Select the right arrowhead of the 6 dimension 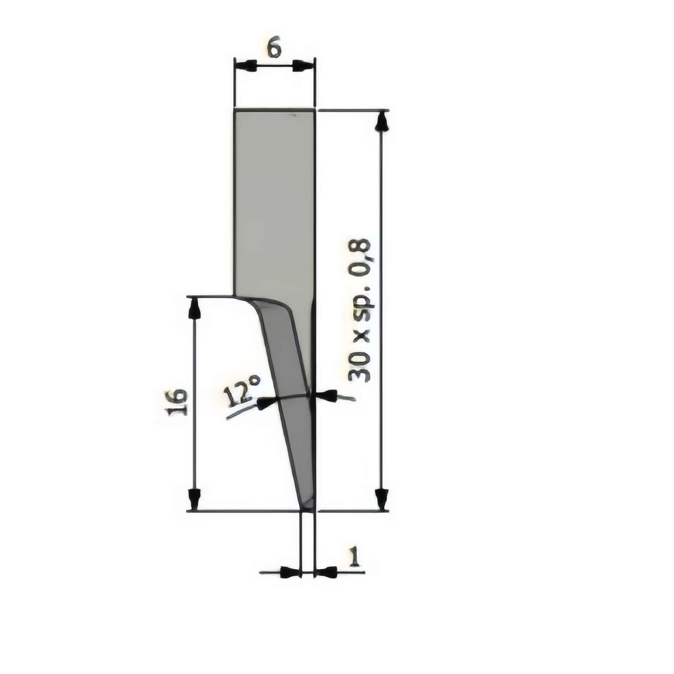coord(302,66)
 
